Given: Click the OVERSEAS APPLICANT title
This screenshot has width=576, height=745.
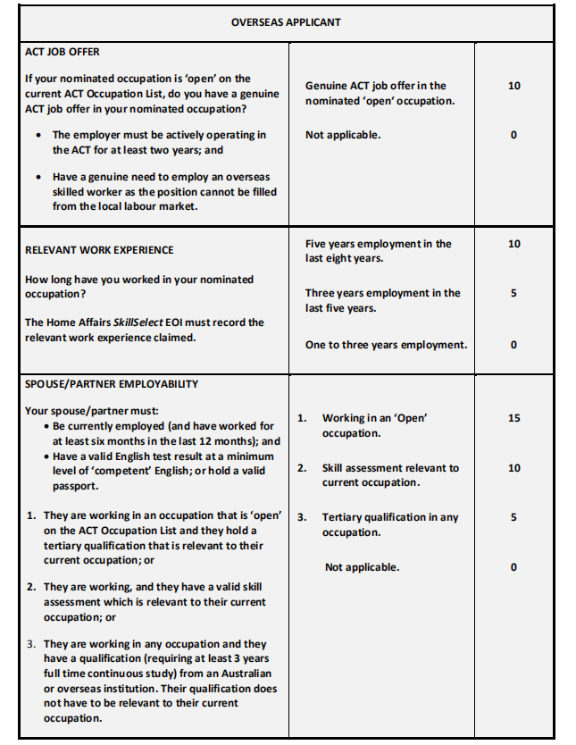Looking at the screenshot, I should (x=286, y=22).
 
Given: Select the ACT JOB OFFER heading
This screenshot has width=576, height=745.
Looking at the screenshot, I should (x=62, y=52).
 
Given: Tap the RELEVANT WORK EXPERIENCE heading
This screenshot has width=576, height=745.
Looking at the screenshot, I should (x=99, y=250).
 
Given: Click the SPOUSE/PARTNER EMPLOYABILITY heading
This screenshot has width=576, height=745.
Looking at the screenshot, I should (x=112, y=384).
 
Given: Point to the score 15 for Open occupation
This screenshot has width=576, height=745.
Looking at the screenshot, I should (x=513, y=418).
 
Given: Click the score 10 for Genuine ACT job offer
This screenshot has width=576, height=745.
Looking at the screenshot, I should (x=513, y=86).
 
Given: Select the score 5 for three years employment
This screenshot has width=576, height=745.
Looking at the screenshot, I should (x=513, y=293).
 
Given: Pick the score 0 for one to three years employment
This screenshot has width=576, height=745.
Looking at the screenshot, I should (x=513, y=345).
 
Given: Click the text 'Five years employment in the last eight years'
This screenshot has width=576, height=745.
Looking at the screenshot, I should (x=378, y=251).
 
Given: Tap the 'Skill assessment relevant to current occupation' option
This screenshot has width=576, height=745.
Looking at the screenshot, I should (x=390, y=475).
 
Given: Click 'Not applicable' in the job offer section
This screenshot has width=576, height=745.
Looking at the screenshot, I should (x=343, y=135).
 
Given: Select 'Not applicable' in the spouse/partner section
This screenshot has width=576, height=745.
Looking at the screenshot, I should (x=362, y=567).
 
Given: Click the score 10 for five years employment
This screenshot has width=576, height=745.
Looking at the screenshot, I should (x=513, y=244).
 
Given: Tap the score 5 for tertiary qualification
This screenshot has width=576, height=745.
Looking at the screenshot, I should (x=513, y=517).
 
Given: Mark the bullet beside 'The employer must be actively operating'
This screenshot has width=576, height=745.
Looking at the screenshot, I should (x=37, y=136).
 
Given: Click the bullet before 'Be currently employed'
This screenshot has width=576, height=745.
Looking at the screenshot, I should (x=46, y=427).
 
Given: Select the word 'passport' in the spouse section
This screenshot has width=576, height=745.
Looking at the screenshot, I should (x=75, y=487).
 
